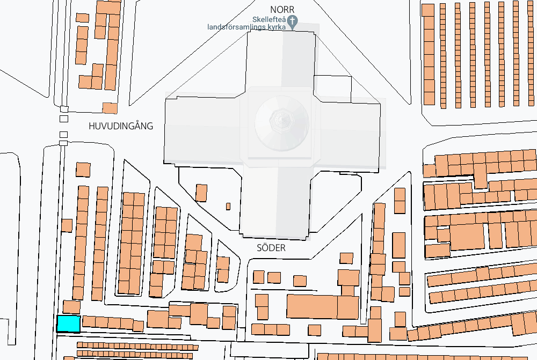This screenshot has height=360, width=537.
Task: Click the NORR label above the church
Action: tap(282, 9)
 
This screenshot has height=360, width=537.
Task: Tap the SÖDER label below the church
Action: tap(271, 247)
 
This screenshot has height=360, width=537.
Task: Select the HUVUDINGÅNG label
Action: tap(121, 126)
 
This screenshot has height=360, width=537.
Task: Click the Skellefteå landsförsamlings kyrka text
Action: tap(247, 23)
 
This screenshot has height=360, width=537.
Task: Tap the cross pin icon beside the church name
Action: tap(292, 21)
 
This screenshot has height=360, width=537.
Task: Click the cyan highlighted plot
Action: tap(69, 324)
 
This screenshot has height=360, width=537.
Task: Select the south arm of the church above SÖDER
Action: tap(275, 202)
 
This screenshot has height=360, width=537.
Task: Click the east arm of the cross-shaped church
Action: tap(350, 134)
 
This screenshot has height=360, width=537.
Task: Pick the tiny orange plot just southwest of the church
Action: tap(228, 207)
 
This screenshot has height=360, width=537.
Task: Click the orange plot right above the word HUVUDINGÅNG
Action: tap(110, 108)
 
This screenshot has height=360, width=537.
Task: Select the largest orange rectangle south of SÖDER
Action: tap(312, 307)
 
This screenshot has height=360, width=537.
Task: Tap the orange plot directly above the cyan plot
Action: tap(71, 307)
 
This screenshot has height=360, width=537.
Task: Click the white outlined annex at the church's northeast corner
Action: tap(332, 89)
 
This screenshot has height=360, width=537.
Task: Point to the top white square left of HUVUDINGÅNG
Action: tap(64, 109)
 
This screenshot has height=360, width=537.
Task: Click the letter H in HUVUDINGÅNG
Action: tap(92, 126)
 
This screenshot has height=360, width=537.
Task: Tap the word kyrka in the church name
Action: tap(277, 27)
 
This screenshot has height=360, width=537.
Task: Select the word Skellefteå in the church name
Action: tap(269, 19)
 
